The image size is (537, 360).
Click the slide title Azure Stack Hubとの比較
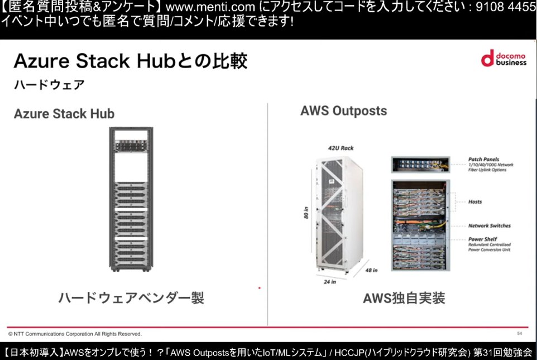coord(130,61)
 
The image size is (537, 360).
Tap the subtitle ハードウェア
coord(49,85)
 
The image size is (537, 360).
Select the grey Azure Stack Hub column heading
coord(64,114)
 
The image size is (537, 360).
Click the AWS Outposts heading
coord(343,111)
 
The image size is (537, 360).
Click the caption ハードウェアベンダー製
coord(131,298)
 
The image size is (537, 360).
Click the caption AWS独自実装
coord(404,298)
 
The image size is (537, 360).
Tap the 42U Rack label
coord(340,148)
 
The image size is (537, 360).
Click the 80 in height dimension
coord(305,212)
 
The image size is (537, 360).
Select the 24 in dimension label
coord(330,281)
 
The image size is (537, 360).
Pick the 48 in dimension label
coord(371,270)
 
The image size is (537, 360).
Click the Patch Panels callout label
coord(483,159)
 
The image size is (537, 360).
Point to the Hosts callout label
coord(475,201)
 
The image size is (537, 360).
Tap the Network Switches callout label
coord(490,226)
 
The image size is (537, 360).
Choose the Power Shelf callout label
coord(483,239)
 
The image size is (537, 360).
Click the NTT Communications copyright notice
coord(75,334)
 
